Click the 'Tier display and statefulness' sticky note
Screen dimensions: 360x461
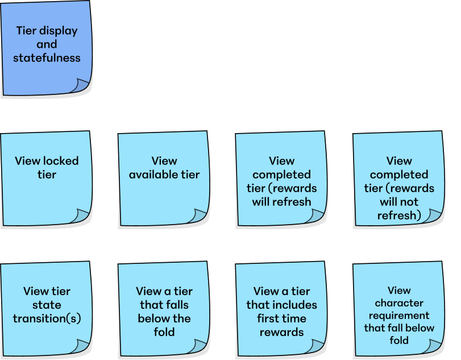pos(47,48)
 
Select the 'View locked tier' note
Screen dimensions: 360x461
pos(47,178)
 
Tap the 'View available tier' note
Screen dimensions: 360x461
pos(164,178)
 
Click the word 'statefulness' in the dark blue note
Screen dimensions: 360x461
pos(47,58)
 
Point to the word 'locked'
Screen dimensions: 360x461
pos(60,162)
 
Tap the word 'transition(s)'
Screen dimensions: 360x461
pos(47,318)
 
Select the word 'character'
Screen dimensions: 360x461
pos(399,303)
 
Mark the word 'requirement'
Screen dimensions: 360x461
pos(399,315)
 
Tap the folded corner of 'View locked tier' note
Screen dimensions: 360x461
pos(80,216)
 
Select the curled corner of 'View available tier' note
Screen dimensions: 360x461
pos(198,216)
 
